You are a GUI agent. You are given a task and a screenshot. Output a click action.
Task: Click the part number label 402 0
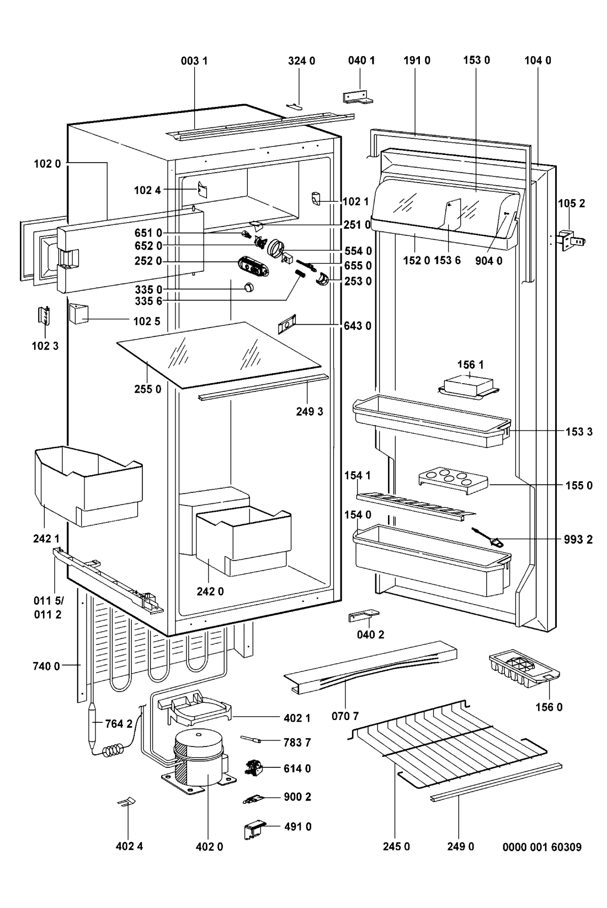209,847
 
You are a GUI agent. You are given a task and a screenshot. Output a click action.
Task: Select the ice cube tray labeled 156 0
524,669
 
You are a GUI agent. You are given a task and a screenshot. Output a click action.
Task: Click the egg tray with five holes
453,481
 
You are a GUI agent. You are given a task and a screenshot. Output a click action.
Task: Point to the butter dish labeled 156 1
468,388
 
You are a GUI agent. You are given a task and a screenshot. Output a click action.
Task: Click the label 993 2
579,539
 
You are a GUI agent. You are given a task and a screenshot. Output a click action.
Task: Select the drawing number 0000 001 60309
542,847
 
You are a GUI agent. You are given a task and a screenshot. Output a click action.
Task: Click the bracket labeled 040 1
358,98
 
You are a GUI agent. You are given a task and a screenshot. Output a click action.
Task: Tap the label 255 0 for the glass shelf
148,389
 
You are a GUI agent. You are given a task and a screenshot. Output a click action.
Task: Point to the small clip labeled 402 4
126,802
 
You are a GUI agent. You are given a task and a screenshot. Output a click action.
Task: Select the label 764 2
119,723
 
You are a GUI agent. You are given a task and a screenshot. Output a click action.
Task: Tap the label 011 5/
49,600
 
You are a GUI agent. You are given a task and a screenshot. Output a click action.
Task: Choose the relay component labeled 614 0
254,769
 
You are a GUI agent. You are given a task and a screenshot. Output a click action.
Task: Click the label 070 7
345,716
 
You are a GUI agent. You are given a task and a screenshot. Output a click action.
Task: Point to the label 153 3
579,432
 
